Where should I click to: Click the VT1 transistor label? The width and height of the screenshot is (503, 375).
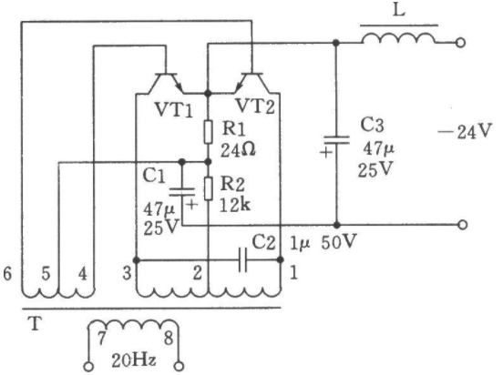(x=174, y=110)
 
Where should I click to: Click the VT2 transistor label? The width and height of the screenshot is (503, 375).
(x=255, y=106)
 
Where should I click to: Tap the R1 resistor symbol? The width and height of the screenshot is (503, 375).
(x=208, y=132)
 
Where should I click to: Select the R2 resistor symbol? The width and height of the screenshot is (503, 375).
(x=208, y=188)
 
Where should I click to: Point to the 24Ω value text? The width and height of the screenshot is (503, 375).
(x=238, y=150)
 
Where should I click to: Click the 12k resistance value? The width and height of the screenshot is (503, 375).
(x=234, y=205)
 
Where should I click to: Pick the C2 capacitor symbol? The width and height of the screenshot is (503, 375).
(x=242, y=259)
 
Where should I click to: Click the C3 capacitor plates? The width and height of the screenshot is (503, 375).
(x=336, y=140)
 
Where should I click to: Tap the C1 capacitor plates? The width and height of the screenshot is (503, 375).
(x=182, y=192)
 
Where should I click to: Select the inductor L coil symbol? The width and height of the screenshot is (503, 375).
(x=399, y=38)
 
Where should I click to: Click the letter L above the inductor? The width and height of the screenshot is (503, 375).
(x=399, y=11)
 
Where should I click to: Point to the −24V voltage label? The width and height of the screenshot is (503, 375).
(x=465, y=131)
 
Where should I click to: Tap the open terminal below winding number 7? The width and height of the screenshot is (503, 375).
(x=89, y=366)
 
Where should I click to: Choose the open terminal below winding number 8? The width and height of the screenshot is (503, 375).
(x=180, y=366)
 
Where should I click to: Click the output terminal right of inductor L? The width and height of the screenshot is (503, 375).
(x=461, y=43)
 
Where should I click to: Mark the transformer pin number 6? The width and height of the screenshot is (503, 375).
(x=7, y=274)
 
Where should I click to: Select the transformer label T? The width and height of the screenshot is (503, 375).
(x=35, y=323)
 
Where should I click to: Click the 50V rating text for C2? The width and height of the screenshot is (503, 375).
(x=339, y=242)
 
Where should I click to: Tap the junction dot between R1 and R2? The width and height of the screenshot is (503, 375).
(x=208, y=162)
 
